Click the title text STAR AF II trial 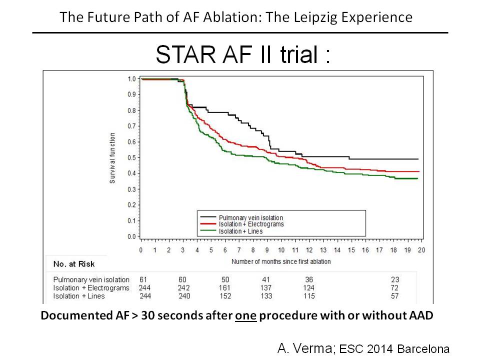pyautogui.click(x=243, y=55)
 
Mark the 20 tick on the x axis pyautogui.click(x=421, y=250)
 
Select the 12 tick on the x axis pyautogui.click(x=309, y=250)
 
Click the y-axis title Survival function pyautogui.click(x=112, y=157)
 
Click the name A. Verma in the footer pyautogui.click(x=305, y=348)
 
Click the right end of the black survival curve pyautogui.click(x=417, y=159)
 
